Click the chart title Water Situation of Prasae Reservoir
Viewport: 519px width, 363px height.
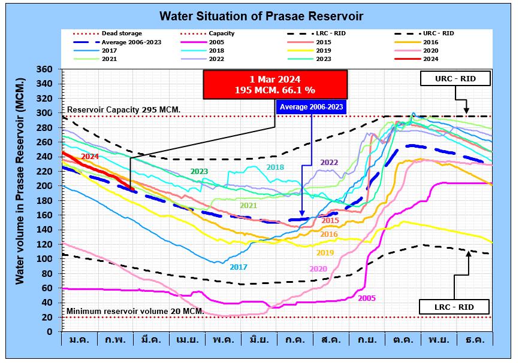[x=261, y=15]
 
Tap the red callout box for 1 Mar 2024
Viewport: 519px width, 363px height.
[x=275, y=84]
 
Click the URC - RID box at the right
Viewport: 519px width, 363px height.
[x=455, y=78]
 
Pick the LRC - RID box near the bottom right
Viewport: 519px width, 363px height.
[x=454, y=307]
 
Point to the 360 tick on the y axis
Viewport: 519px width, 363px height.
[x=45, y=69]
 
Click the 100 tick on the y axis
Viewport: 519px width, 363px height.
[x=45, y=259]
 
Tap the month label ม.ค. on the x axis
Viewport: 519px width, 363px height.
[x=80, y=339]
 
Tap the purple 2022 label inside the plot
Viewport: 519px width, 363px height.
[x=329, y=162]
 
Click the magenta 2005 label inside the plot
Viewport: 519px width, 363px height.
[x=366, y=297]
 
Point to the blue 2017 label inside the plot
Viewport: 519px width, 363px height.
[x=239, y=267]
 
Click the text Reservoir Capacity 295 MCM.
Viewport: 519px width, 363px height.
[x=123, y=110]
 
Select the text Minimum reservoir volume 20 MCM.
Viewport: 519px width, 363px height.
[x=135, y=312]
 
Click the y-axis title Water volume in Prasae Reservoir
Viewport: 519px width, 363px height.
[x=20, y=181]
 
